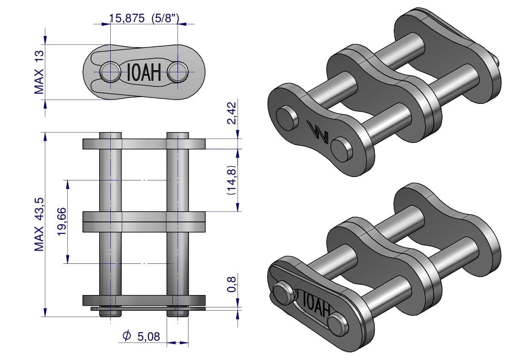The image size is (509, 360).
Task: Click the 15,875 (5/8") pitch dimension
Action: pos(144,18)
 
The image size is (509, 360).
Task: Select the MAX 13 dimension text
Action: pos(39,72)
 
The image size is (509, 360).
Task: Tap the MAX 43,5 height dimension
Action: pos(39,224)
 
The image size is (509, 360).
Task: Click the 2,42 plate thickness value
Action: pos(232,113)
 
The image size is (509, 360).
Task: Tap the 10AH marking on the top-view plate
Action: pos(144,72)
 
